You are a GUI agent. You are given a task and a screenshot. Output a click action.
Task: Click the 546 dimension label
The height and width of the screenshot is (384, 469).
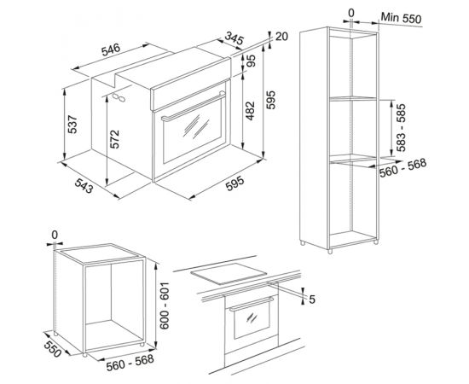click(111, 49)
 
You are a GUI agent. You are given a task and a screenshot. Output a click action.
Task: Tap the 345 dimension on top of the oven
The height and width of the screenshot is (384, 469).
click(234, 38)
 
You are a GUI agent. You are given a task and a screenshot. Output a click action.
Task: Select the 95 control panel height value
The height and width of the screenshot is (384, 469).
click(252, 61)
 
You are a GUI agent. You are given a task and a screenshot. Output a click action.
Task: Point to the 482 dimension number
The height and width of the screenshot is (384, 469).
click(250, 111)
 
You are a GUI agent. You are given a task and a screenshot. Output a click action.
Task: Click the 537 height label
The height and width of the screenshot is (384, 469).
click(72, 125)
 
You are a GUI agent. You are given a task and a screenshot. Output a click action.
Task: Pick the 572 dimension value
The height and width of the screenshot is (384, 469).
click(114, 139)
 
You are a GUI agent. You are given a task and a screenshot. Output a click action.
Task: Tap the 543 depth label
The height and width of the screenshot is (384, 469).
click(84, 185)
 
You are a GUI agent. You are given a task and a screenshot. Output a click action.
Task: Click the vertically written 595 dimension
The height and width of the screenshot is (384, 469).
click(270, 100)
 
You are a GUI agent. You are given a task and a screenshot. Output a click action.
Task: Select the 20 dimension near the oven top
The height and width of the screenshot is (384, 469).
click(281, 36)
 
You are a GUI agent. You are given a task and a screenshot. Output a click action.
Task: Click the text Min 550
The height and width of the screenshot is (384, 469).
click(401, 18)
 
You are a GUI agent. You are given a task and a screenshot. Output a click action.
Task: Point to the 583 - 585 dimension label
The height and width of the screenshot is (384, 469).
click(401, 127)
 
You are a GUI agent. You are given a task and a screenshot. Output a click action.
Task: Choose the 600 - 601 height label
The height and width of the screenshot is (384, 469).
click(165, 305)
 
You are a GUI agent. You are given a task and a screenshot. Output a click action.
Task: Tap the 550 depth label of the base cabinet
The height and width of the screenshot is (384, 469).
click(53, 349)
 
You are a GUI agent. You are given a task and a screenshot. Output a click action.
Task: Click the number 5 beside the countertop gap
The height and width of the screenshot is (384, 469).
click(312, 300)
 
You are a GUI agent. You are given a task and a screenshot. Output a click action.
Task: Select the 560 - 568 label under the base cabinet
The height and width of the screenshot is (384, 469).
click(130, 363)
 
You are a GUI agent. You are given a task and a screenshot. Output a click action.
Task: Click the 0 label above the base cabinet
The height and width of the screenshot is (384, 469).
click(55, 235)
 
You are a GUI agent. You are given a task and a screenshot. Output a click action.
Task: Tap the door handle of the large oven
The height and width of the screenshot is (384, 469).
click(194, 107)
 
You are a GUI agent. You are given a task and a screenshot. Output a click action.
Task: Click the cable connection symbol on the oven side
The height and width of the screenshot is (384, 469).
click(119, 97)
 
